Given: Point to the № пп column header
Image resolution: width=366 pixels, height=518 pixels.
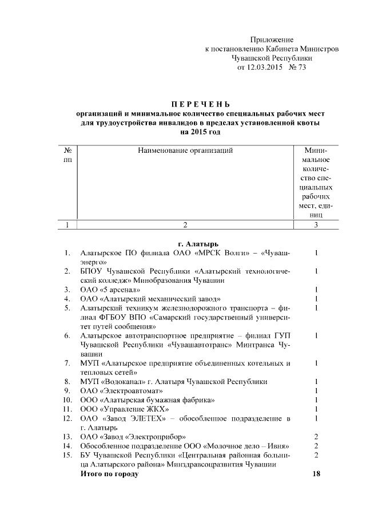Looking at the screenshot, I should click(67, 155).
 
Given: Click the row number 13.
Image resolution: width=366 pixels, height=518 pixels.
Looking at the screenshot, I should click(67, 437).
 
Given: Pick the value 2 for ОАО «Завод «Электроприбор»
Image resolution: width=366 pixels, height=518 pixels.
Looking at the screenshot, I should click(316, 437).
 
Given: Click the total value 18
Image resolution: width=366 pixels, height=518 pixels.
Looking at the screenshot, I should click(316, 474).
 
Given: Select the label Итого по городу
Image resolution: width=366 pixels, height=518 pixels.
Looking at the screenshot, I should click(109, 474).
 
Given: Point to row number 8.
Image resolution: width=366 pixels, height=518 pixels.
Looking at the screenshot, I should click(67, 381).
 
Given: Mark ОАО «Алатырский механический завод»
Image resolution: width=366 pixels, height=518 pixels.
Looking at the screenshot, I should click(150, 299).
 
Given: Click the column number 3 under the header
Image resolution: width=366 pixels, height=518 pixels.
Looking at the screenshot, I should click(316, 225).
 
